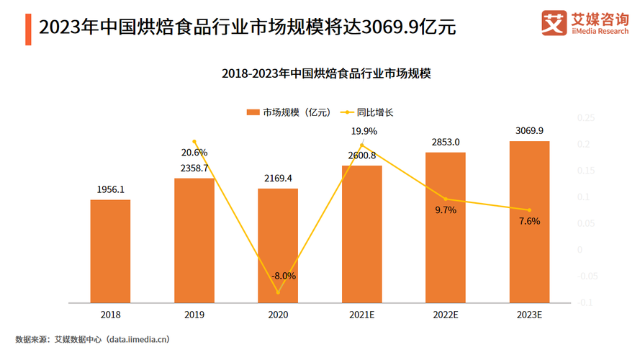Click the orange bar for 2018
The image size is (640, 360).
pyautogui.click(x=110, y=251)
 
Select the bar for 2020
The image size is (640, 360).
pyautogui.click(x=278, y=245)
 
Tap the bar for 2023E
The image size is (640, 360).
pyautogui.click(x=529, y=221)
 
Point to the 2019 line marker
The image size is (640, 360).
pyautogui.click(x=194, y=142)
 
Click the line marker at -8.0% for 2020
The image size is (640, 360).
pyautogui.click(x=278, y=292)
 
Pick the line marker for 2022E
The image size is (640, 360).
pyautogui.click(x=446, y=199)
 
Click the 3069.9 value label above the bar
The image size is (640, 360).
pyautogui.click(x=529, y=130)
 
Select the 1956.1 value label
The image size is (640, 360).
pyautogui.click(x=110, y=189)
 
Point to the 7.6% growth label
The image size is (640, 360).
pyautogui.click(x=529, y=221)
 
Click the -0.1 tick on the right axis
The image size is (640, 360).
pyautogui.click(x=585, y=302)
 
